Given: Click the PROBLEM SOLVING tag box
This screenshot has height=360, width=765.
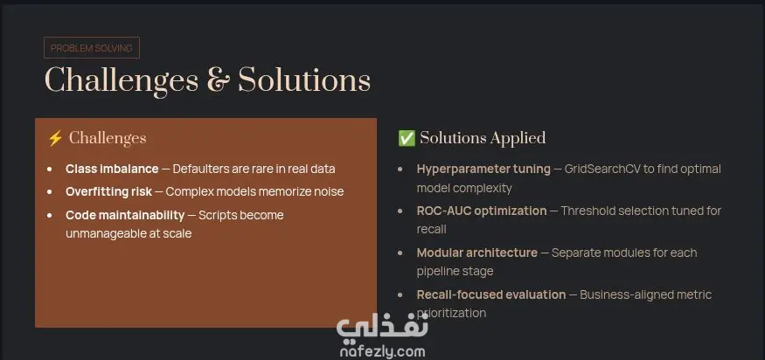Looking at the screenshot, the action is (92, 48).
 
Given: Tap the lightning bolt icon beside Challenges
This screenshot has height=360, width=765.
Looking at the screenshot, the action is (55, 139).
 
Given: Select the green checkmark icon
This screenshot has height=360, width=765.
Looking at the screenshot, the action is (407, 139).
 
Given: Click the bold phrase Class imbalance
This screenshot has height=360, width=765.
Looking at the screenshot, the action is (112, 170).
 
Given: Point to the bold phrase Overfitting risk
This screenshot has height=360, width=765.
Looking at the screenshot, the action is (108, 191).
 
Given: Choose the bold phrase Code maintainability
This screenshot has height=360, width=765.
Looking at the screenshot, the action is (125, 215).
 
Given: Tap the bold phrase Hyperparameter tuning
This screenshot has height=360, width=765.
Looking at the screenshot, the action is (483, 170).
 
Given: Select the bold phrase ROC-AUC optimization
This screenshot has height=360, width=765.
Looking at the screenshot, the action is (482, 211).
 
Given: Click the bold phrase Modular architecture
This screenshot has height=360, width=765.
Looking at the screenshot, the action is (477, 253).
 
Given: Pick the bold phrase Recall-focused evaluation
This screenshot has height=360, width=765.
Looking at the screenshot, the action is (491, 294).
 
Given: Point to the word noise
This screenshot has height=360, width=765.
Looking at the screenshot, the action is (329, 191).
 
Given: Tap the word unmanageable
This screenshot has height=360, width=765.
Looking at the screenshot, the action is (103, 233).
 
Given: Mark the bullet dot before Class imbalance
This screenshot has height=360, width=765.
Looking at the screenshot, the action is (50, 170).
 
